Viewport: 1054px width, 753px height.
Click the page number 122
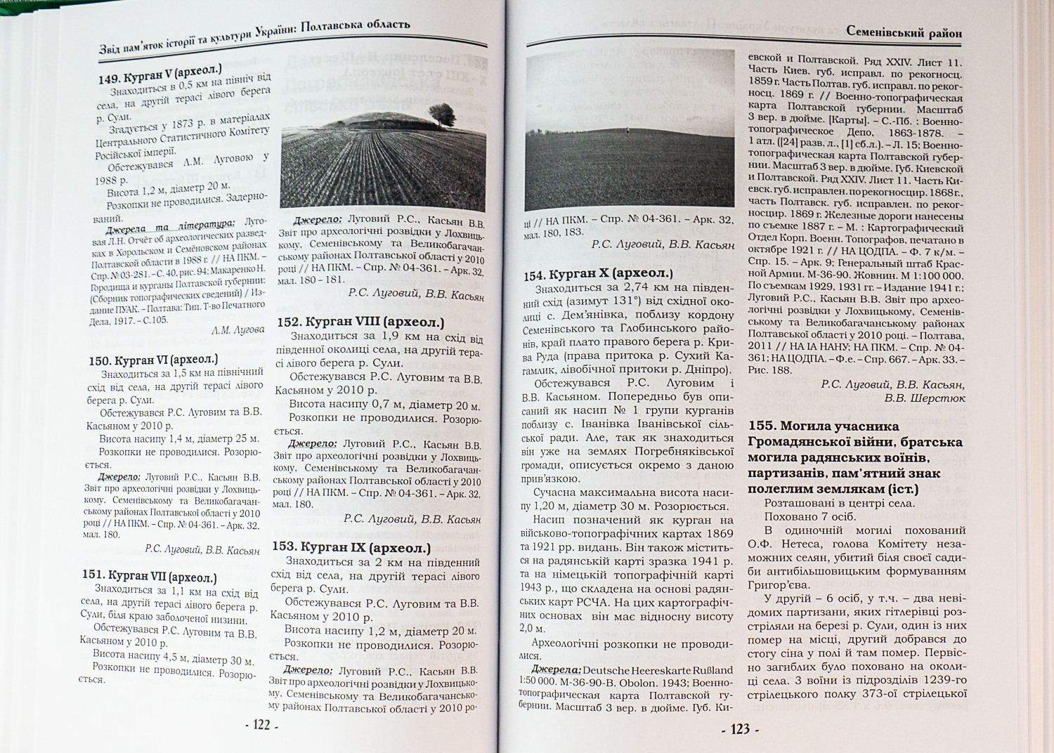(261, 725)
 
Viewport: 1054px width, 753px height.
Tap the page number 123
(740, 729)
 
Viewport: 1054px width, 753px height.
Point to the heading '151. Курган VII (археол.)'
(149, 575)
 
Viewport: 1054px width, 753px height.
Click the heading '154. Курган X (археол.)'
(598, 273)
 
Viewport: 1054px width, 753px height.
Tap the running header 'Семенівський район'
(904, 32)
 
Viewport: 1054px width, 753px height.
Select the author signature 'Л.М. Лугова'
(238, 329)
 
